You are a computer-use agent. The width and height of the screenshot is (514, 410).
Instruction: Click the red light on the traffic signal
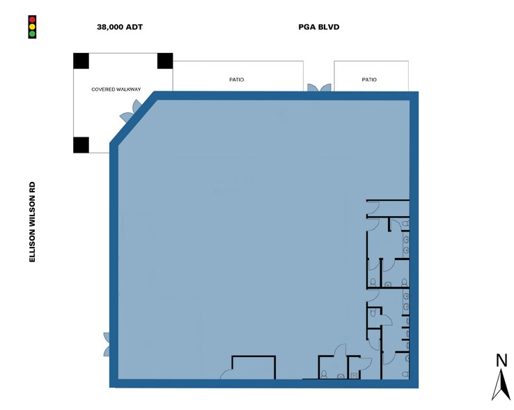[x=32, y=20]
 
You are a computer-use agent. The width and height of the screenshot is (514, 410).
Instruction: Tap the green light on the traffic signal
[x=32, y=33]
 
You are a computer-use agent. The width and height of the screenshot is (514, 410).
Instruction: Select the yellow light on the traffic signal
[x=32, y=26]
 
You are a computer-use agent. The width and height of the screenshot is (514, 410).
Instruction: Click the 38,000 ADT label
[x=120, y=27]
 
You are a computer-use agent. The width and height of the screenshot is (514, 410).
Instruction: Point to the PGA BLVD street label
[x=318, y=27]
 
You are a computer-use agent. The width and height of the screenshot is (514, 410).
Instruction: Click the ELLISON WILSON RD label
[x=32, y=222]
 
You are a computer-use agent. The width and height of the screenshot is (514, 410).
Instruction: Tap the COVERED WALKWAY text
[x=116, y=89]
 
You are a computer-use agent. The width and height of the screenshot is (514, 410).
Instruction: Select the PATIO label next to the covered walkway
[x=236, y=79]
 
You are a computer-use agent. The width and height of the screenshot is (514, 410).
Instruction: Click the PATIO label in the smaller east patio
[x=369, y=79]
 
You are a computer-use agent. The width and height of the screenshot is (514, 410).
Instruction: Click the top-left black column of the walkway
[x=81, y=61]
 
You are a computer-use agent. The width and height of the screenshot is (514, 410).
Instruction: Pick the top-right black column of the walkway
[x=165, y=61]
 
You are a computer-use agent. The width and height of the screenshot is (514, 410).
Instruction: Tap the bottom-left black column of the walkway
[x=81, y=145]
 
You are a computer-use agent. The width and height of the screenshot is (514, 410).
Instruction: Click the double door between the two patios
[x=319, y=88]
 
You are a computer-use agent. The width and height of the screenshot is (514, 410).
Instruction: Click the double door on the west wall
[x=107, y=344]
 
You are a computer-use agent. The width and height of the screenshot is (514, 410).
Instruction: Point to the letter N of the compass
[x=501, y=360]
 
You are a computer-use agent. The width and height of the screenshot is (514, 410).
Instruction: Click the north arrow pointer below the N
[x=501, y=385]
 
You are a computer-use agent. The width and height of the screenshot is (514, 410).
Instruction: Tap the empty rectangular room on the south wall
[x=254, y=367]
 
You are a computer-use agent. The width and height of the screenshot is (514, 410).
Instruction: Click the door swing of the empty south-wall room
[x=226, y=374]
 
